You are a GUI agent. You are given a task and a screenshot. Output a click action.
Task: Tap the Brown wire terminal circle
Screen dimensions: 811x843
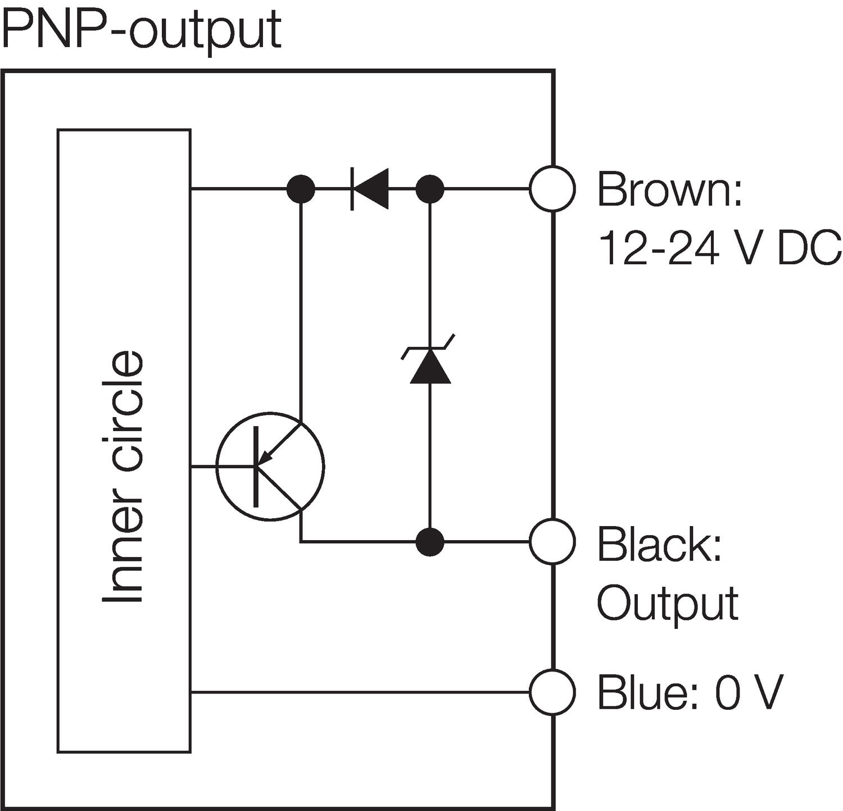(x=552, y=189)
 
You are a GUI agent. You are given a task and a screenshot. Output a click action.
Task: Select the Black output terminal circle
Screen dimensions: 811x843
(x=552, y=542)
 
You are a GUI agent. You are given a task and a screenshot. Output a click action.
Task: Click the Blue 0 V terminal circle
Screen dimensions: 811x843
(x=552, y=692)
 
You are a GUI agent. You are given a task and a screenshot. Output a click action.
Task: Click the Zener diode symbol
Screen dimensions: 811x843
(x=430, y=365)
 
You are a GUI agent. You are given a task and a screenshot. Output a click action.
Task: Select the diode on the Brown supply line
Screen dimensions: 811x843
(x=369, y=189)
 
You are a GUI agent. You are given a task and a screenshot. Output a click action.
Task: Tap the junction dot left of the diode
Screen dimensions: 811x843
(x=301, y=189)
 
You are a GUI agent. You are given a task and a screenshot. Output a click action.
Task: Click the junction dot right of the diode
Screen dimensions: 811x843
(x=430, y=189)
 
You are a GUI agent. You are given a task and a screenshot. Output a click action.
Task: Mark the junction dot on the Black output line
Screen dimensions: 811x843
(x=430, y=542)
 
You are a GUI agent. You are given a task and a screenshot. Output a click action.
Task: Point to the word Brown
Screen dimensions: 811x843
(x=669, y=190)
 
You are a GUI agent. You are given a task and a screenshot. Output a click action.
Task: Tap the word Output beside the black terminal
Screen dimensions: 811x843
(x=668, y=604)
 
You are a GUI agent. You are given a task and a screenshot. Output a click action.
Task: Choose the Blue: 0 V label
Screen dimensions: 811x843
(x=690, y=692)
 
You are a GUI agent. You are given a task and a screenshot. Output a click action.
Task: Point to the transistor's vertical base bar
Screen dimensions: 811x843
(x=256, y=466)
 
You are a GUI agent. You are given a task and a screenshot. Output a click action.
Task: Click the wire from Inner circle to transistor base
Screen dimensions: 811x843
(x=204, y=466)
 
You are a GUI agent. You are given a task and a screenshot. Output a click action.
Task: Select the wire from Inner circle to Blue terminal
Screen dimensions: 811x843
(x=360, y=692)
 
